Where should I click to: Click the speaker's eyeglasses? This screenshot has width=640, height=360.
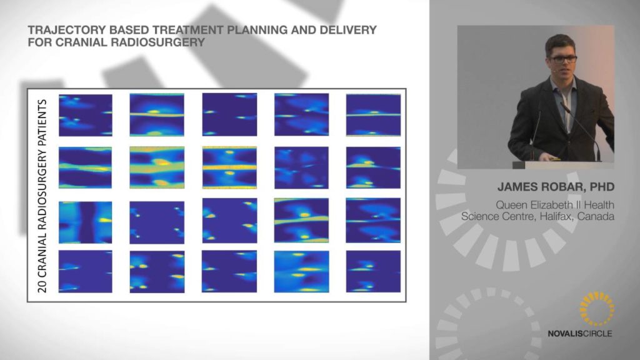[x=564, y=58]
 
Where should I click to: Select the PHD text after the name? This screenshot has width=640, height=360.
[x=602, y=187]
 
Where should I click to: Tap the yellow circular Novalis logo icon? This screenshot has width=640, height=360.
[x=597, y=309]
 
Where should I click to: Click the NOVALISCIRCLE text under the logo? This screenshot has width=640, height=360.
[x=580, y=334]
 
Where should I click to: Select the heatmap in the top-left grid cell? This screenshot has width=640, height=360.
[x=85, y=115]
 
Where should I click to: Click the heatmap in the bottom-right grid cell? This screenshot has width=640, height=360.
[x=373, y=271]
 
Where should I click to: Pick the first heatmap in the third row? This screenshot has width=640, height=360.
[x=85, y=222]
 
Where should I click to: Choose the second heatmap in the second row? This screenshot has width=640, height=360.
[x=157, y=167]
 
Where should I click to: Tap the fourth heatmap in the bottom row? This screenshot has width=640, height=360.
[x=301, y=271]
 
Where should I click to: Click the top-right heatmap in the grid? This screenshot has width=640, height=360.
[x=374, y=115]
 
